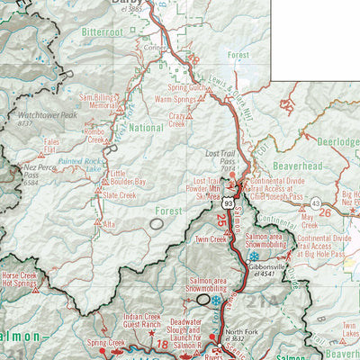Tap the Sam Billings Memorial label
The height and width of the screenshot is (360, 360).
pos(97,101)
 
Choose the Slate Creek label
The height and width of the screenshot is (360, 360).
pos(119,194)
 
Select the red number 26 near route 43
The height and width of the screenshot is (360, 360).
pos(325,212)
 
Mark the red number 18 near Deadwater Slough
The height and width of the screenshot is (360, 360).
pos(162,345)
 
